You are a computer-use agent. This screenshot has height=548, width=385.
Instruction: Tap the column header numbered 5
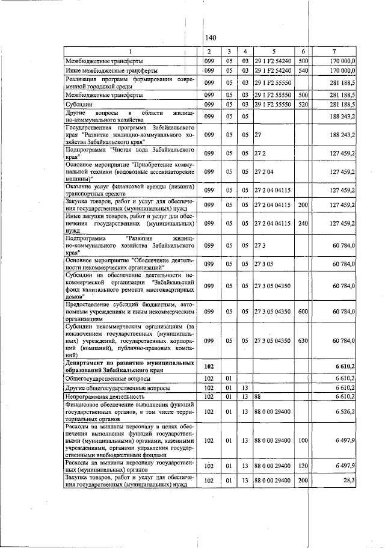coord(273,51)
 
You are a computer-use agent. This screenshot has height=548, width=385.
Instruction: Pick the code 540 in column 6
coord(303,70)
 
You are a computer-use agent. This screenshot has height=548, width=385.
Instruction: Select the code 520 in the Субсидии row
coord(303,104)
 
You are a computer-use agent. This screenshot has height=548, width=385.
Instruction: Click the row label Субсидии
coord(78,104)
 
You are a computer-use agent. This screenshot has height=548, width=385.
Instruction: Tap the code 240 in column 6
coord(303,223)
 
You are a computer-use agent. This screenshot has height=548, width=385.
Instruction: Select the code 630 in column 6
coord(303,340)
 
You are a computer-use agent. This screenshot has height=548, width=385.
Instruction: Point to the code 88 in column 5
coord(257,397)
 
